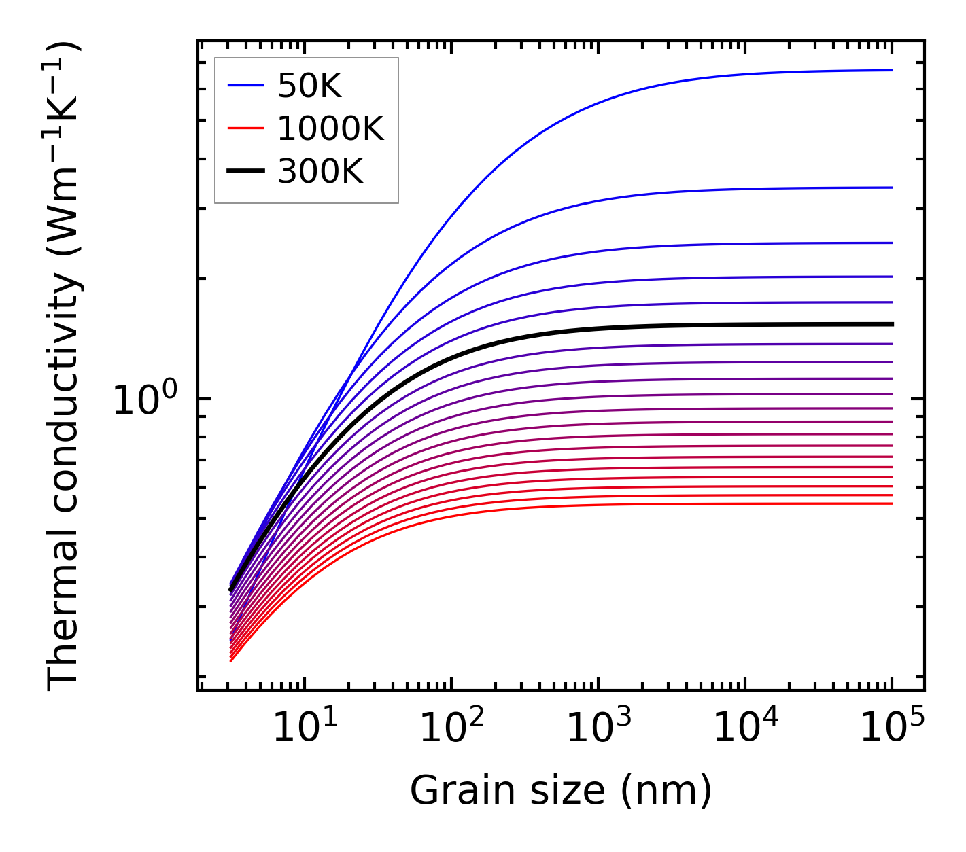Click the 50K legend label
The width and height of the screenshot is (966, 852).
309,86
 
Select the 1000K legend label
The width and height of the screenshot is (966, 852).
330,129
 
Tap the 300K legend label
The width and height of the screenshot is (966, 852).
320,173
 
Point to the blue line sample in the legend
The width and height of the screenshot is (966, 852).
245,86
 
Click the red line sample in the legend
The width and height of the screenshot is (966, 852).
245,128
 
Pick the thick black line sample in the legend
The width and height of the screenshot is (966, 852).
245,171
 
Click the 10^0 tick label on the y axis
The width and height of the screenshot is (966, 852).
144,400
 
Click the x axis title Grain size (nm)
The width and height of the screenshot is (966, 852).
561,792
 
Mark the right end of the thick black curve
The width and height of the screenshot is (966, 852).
891,324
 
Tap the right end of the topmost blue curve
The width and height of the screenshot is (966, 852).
891,70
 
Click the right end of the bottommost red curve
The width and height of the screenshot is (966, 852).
891,503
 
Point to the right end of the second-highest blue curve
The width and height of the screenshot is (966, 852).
891,188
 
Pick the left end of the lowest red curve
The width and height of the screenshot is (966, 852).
232,660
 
